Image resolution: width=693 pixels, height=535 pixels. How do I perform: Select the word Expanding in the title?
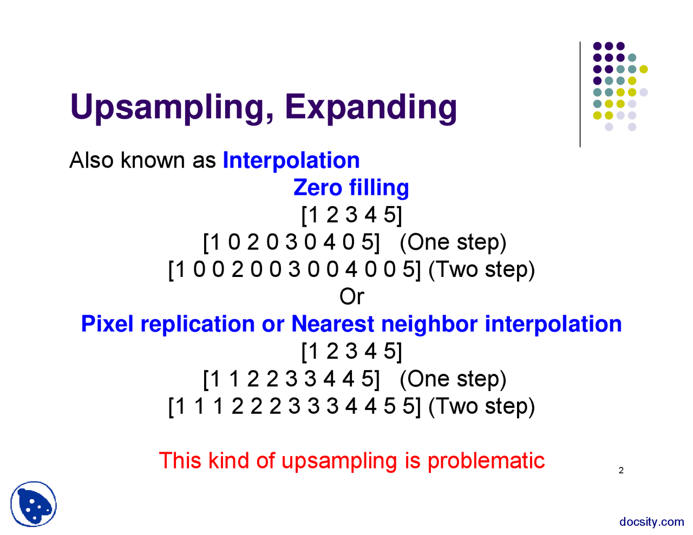coord(371,107)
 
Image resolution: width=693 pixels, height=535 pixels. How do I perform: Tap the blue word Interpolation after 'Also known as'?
coord(291,161)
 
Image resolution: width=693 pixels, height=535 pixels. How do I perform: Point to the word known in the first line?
coord(153,161)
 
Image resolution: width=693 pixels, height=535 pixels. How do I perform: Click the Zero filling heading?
coord(351,188)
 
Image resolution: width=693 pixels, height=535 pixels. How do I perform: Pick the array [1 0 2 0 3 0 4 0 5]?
coord(291,242)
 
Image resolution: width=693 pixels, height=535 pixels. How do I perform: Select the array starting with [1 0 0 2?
coord(294,269)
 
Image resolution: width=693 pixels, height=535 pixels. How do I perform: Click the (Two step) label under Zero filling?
coord(481,269)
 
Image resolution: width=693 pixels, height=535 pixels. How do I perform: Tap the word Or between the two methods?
coord(351,296)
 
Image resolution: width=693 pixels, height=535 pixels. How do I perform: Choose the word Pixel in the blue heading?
coord(107,324)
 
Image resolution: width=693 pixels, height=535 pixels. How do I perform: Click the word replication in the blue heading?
coord(198,324)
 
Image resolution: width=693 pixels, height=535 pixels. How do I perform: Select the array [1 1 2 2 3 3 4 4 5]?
coord(291,379)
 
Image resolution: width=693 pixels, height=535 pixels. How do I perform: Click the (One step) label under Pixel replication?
coord(453,379)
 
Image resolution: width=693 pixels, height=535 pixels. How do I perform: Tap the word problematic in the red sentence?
coord(486,461)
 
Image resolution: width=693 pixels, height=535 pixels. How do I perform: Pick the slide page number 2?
coord(621,471)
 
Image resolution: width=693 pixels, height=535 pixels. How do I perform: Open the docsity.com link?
coord(651,522)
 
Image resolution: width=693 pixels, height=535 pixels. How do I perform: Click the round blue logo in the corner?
coord(34,504)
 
